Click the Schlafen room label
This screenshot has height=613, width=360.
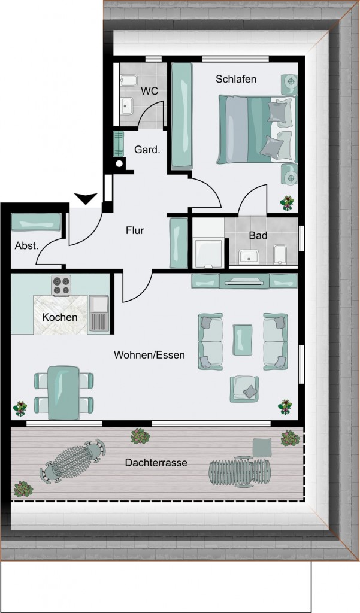pos(236,79)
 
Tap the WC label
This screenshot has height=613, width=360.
pos(150,91)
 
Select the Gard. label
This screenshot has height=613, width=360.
pos(147,149)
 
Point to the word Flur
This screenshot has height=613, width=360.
pos(135,230)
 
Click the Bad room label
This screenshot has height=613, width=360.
pos(258,235)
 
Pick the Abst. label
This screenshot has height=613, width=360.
pos(26,246)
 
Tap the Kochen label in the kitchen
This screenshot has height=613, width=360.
pos(59,317)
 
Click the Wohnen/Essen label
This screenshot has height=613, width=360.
pos(149,355)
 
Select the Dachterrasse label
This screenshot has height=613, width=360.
pos(156,463)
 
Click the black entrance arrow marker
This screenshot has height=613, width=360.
pos(86,198)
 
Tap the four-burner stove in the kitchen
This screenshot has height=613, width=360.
pos(62,286)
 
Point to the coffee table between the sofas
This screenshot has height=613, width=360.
pos(243,340)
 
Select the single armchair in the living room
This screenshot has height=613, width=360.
pos(244,389)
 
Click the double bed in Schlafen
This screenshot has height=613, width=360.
pos(256,129)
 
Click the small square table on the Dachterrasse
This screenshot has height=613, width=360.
pos(262,447)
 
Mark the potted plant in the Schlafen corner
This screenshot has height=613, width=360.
pos(287,203)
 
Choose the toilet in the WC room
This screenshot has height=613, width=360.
pos(128,81)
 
